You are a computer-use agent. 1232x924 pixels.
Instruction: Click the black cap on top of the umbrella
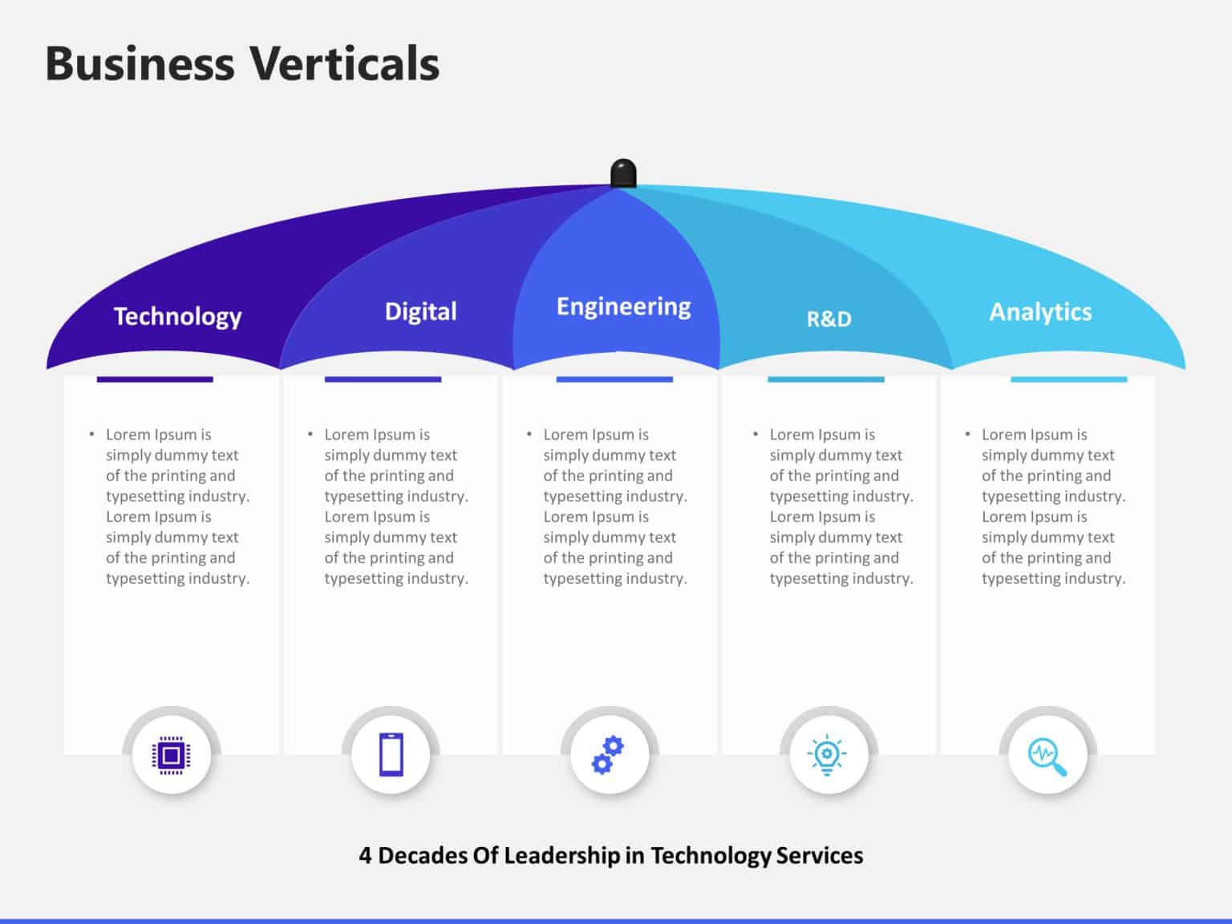click(x=623, y=173)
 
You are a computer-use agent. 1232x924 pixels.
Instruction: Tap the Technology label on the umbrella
click(x=177, y=317)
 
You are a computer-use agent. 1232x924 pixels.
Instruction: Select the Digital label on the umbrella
click(x=420, y=311)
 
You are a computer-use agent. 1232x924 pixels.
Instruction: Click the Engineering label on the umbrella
click(x=623, y=307)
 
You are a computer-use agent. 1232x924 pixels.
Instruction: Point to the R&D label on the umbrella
click(x=829, y=319)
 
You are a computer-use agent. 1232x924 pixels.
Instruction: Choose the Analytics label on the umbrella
click(x=1040, y=312)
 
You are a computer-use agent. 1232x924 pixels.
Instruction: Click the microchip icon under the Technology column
click(x=171, y=755)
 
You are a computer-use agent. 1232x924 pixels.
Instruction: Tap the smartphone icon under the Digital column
click(x=391, y=755)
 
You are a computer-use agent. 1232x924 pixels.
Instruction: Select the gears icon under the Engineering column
click(x=609, y=755)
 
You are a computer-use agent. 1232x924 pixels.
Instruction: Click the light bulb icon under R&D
click(x=828, y=755)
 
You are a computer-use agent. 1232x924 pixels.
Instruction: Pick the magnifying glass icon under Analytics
click(x=1047, y=755)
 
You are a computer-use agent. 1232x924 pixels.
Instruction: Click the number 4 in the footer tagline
click(x=365, y=856)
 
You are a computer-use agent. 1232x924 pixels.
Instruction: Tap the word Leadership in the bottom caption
click(x=561, y=856)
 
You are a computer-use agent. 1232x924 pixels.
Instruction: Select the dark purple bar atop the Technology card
click(x=155, y=379)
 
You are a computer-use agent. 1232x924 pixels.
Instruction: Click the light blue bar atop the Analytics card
click(x=1068, y=379)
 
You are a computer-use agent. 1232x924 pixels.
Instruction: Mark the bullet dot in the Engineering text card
click(x=529, y=435)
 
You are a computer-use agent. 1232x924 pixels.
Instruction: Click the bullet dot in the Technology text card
click(x=91, y=435)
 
